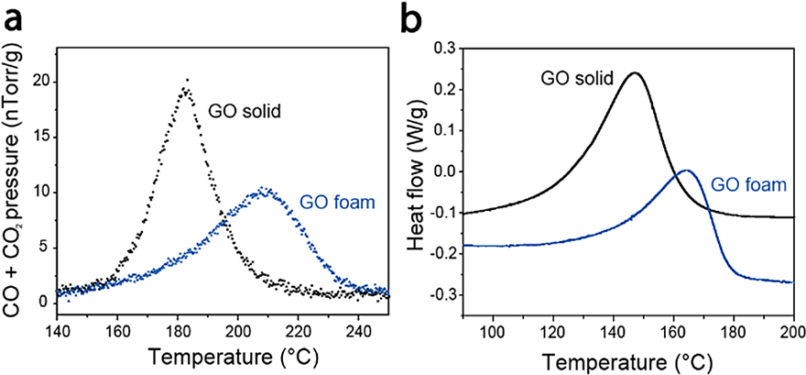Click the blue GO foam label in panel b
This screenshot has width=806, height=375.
pyautogui.click(x=749, y=184)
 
